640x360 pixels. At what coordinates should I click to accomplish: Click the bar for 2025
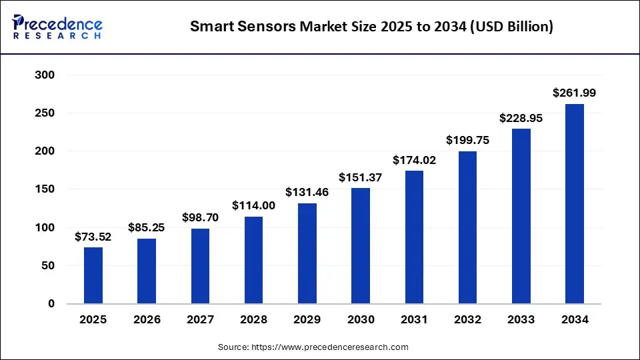(93, 276)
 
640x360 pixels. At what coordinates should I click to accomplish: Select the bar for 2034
(575, 204)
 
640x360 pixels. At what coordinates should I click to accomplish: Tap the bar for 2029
(307, 253)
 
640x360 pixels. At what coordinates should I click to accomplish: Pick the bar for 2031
(414, 237)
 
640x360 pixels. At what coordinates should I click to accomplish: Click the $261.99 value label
(575, 93)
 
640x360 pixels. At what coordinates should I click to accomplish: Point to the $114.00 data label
(253, 206)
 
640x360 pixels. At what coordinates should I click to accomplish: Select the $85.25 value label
(147, 228)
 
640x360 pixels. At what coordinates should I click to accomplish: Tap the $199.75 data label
(467, 141)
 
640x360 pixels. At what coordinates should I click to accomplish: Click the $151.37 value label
(361, 177)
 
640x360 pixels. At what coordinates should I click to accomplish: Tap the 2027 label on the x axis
(200, 320)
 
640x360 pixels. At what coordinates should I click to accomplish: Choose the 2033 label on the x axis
(521, 320)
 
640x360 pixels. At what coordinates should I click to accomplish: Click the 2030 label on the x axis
(361, 320)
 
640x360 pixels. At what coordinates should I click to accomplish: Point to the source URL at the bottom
(313, 347)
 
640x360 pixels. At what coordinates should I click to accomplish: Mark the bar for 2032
(467, 227)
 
